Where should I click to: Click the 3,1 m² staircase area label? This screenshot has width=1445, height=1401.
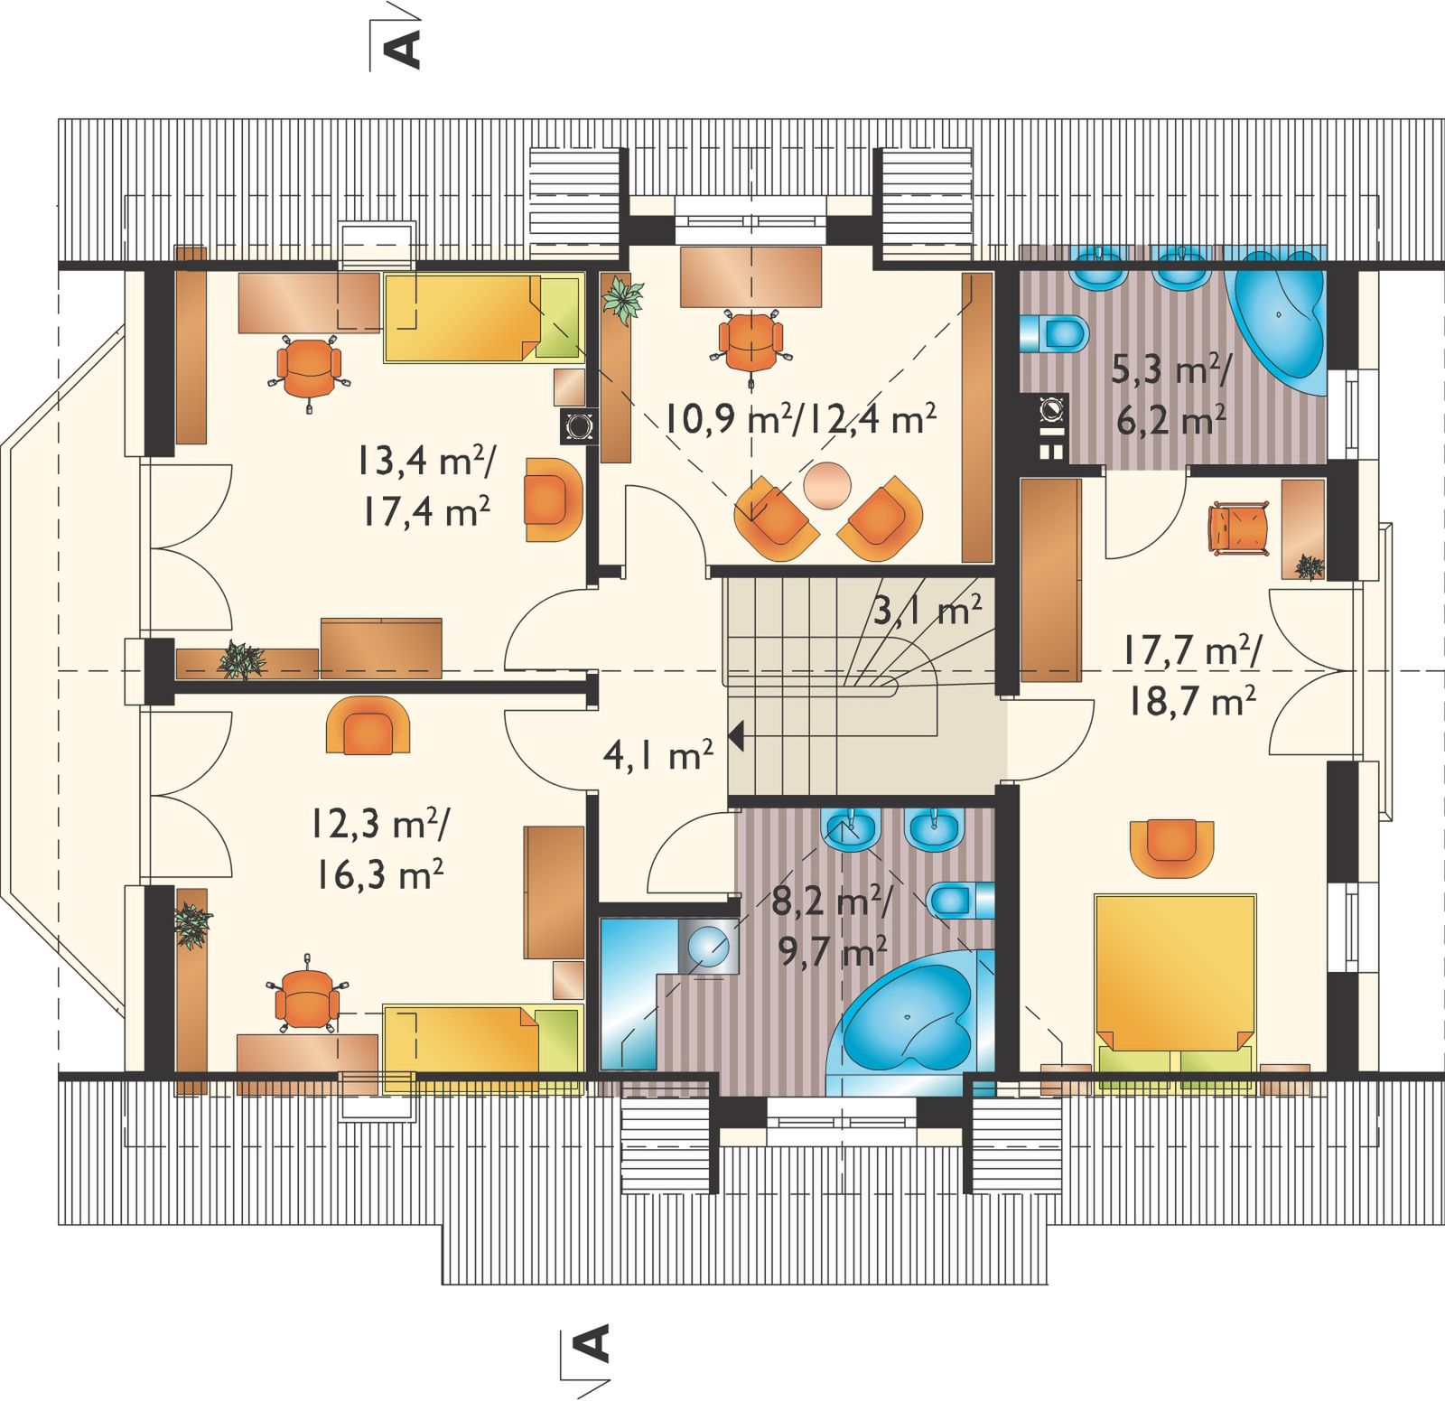click(928, 612)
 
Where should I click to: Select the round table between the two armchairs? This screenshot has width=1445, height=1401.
click(827, 485)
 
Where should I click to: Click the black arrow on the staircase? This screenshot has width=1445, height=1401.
click(735, 736)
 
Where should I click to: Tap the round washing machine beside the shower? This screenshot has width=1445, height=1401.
click(706, 947)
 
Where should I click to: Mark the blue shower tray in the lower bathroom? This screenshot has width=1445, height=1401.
click(632, 994)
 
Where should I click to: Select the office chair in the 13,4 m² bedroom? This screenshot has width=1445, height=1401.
click(308, 370)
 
